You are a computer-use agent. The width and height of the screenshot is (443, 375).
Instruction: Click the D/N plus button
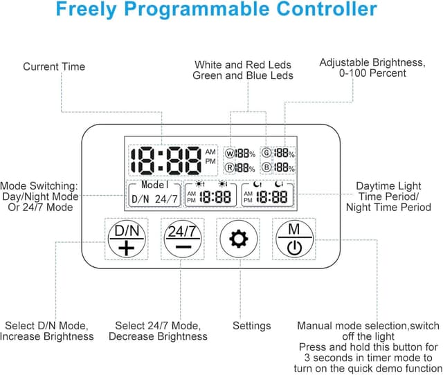coord(127,239)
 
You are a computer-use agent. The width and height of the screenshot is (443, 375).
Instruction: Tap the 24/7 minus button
coord(183,239)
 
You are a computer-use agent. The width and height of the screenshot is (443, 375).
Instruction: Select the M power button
coord(294,239)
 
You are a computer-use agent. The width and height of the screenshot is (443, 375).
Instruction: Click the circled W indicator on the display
coord(230,154)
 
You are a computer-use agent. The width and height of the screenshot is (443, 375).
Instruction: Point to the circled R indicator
coord(230,168)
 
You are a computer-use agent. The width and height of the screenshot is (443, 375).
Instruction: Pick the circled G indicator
coord(266,153)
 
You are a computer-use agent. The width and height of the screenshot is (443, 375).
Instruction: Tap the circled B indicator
coord(266,167)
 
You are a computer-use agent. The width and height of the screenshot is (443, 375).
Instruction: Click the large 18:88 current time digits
coord(166,161)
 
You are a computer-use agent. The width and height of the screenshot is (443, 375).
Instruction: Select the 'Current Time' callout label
coord(54,66)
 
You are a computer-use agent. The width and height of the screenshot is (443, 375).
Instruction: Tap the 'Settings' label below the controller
coord(252,326)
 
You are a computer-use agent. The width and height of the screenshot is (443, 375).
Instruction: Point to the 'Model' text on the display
coord(155,185)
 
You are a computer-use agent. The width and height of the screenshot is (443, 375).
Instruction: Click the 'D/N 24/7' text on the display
coord(155,199)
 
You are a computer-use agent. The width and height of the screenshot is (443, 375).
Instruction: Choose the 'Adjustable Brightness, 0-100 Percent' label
coord(372,68)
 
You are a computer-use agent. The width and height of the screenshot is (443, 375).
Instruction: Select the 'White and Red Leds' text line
coord(243,65)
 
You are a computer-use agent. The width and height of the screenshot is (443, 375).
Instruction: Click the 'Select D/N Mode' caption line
coord(47,326)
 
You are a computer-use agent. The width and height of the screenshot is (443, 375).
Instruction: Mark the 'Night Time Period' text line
coord(388,208)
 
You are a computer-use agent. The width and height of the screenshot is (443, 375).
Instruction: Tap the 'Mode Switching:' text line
coord(39,186)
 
